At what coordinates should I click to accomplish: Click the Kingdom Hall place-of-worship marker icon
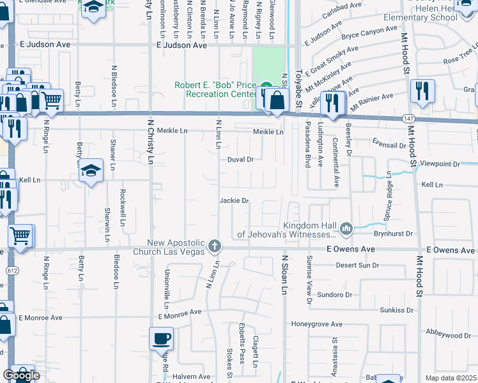click(346, 228)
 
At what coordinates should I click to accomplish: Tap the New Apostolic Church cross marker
click(215, 246)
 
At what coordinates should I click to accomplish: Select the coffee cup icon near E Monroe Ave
click(161, 338)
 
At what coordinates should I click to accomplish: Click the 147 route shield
click(408, 119)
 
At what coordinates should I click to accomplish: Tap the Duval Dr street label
click(241, 160)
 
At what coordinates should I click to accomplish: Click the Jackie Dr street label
click(234, 200)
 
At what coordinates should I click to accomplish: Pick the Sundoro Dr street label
click(335, 295)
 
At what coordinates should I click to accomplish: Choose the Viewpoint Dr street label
click(438, 164)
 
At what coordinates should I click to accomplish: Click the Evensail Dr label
click(389, 146)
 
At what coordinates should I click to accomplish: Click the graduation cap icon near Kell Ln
click(92, 170)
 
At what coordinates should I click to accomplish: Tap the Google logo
click(21, 376)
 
